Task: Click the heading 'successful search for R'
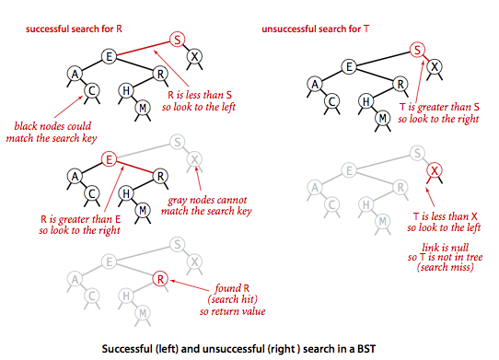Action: (74, 29)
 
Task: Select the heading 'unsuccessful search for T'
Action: (316, 29)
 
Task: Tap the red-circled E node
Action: (109, 159)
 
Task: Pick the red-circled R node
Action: (160, 279)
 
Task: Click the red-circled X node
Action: (435, 170)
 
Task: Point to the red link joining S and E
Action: (144, 49)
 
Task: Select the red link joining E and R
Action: (135, 167)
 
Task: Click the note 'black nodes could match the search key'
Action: (52, 132)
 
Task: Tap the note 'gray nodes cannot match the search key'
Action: (206, 205)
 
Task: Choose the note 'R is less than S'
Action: (200, 95)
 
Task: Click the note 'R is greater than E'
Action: (80, 219)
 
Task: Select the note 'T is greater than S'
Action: (439, 107)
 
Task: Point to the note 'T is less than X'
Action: (446, 216)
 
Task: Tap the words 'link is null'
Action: (446, 248)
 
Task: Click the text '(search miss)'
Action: (446, 267)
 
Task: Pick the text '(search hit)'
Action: (232, 299)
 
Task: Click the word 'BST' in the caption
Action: (366, 349)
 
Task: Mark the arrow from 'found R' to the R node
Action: (190, 285)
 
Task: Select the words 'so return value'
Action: (232, 311)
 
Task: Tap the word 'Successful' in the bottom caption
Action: (127, 349)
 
